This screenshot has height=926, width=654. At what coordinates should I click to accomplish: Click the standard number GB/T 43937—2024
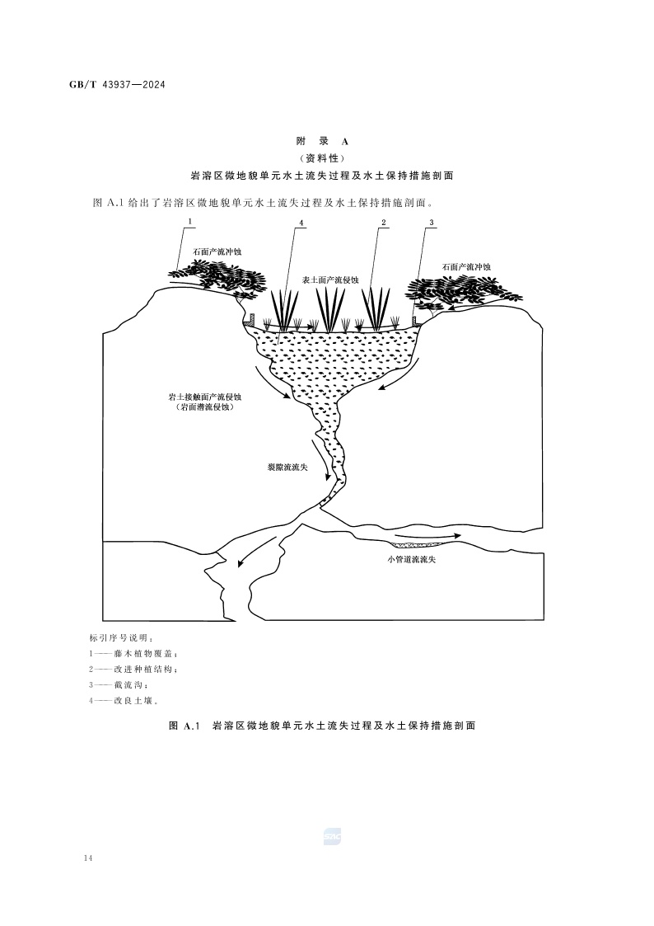click(x=117, y=84)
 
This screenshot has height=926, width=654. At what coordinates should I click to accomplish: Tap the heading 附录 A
click(x=322, y=142)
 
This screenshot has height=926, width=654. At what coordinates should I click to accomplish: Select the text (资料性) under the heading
click(x=322, y=158)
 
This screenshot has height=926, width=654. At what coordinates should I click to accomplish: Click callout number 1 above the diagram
click(x=190, y=222)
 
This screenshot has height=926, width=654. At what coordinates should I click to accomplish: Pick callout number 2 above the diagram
click(x=383, y=223)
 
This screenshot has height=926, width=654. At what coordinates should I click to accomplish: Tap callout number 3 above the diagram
click(x=432, y=223)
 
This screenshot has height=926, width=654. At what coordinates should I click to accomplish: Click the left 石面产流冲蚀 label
click(x=217, y=251)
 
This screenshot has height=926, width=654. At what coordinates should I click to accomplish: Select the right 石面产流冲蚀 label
click(x=466, y=267)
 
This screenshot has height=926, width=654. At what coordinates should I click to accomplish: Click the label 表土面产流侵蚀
click(x=331, y=280)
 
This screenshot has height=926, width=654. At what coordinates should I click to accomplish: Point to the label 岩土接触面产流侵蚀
click(x=201, y=397)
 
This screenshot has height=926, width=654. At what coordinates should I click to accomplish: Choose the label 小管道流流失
click(x=408, y=559)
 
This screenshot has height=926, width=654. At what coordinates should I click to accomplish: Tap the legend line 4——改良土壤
click(x=124, y=701)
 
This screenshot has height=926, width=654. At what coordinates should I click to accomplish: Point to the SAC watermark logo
click(x=333, y=837)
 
